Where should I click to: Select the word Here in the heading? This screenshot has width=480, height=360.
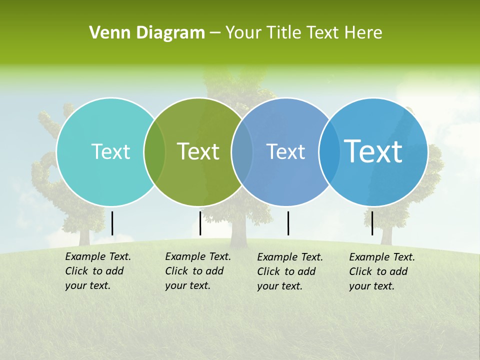[364, 33]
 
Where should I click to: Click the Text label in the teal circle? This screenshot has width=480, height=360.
[110, 151]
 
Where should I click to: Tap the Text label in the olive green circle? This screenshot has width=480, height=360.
[198, 151]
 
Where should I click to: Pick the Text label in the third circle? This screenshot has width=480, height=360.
[285, 151]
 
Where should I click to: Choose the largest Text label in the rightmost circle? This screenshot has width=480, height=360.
[373, 151]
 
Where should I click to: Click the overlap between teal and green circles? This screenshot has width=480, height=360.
[154, 152]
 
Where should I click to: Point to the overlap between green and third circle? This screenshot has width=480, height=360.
[242, 152]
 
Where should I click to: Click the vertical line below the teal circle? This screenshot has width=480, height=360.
[112, 223]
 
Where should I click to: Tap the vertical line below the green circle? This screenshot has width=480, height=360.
[200, 223]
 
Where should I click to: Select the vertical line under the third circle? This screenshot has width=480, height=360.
[288, 223]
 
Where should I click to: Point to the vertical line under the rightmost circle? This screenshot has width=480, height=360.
[372, 223]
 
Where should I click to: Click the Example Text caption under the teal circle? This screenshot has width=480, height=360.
[98, 271]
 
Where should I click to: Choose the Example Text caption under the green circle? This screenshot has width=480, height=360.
[198, 271]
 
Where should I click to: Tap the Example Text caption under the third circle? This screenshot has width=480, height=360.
[290, 271]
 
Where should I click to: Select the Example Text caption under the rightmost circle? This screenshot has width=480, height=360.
[382, 271]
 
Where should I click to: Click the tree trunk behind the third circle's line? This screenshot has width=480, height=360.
[238, 232]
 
